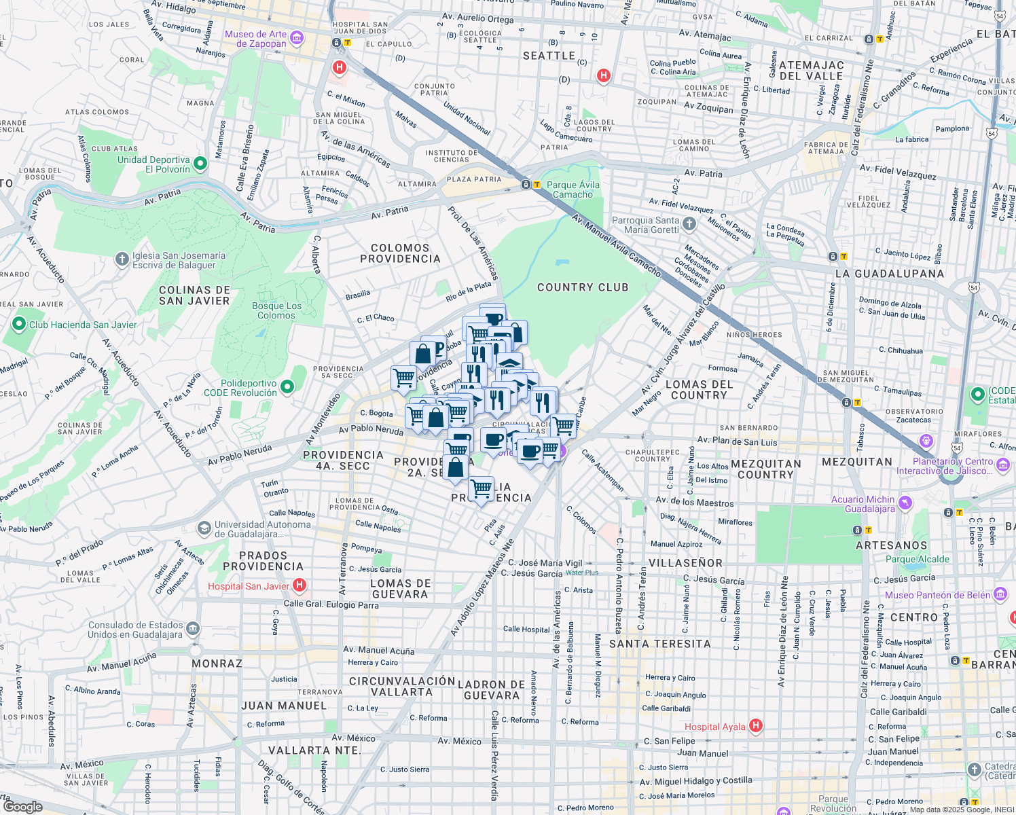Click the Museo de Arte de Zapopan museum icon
(296, 39)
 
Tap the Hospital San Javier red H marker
(299, 585)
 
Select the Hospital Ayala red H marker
(755, 726)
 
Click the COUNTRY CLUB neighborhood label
(583, 287)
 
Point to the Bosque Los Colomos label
(276, 310)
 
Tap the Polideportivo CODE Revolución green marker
(287, 387)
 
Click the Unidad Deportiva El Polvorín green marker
(200, 164)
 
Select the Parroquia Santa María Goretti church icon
(689, 223)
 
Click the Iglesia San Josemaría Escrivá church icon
(122, 259)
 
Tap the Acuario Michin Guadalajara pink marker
(905, 503)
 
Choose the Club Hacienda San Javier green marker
(19, 325)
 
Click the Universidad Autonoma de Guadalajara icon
(204, 528)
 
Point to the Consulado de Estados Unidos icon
(193, 629)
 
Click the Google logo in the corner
(22, 806)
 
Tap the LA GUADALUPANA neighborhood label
(890, 274)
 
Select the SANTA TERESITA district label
(659, 644)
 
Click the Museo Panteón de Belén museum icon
(1000, 595)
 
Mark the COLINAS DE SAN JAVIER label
(194, 295)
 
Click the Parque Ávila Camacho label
(573, 189)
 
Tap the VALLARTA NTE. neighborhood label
(314, 750)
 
